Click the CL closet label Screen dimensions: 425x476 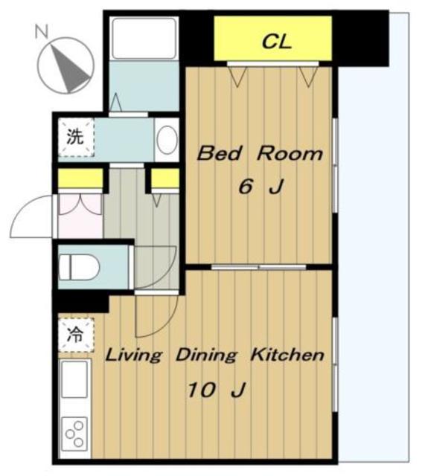coord(276,42)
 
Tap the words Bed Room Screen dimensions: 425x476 coord(260,154)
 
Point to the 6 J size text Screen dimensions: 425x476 coord(261,186)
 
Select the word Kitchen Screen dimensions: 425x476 coord(287,355)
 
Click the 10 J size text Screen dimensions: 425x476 coord(217,390)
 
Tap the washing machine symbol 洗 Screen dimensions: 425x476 coord(76,137)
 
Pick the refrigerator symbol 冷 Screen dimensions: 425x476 coord(76,335)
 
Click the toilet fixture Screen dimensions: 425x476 coord(79,267)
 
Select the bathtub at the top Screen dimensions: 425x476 coord(144,38)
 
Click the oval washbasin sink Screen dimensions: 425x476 coord(167,141)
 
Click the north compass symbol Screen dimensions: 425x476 coord(65,65)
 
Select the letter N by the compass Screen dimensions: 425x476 coord(42,31)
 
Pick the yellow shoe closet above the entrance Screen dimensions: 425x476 coord(80,178)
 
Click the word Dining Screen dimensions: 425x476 coord(206,356)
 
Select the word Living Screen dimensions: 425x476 coord(133,356)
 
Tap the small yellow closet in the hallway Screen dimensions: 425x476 coord(165,178)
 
